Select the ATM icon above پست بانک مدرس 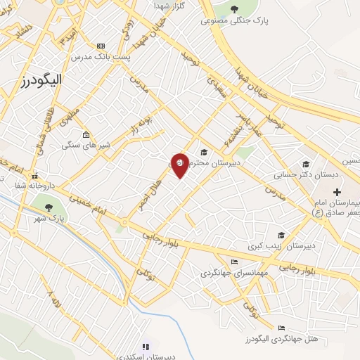[x=101, y=45]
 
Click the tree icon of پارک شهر [x=49, y=207]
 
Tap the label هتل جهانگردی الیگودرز [x=288, y=339]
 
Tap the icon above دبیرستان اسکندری [x=146, y=347]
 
